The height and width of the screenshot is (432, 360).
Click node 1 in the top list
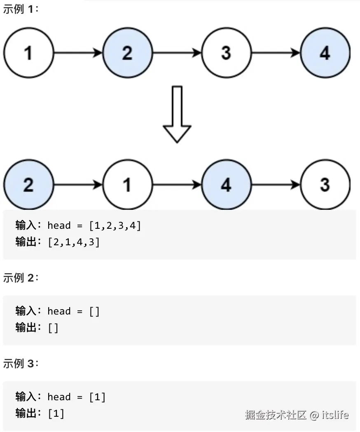[x=28, y=53]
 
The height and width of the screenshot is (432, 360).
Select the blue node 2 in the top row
[x=127, y=53]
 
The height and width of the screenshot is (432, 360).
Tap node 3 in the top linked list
[x=226, y=53]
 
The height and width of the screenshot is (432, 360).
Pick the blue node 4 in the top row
[x=325, y=53]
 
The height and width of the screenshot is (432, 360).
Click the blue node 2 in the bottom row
[x=28, y=185]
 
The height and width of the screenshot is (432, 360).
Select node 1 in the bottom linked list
[x=127, y=185]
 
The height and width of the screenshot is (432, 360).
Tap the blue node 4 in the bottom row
[x=226, y=185]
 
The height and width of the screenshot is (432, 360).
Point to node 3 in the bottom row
[x=325, y=185]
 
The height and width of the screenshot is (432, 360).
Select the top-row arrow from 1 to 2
[x=78, y=53]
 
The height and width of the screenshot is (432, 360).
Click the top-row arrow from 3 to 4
[x=276, y=53]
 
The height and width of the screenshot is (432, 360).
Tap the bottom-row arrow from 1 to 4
[x=177, y=185]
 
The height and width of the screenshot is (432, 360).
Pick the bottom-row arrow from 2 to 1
[x=78, y=185]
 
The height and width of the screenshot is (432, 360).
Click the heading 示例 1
[x=21, y=9]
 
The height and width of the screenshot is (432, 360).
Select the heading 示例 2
[x=21, y=278]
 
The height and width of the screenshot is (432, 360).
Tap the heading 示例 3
[x=21, y=364]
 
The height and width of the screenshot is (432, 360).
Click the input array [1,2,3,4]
[x=115, y=225]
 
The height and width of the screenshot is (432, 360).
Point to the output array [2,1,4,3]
[x=74, y=242]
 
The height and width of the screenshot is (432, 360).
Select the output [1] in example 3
[x=56, y=413]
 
